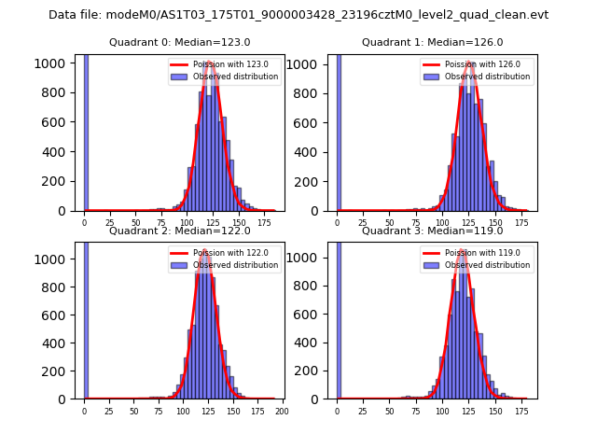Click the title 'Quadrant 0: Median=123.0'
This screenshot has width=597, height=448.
(x=180, y=42)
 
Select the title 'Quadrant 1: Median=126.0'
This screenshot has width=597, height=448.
(x=433, y=42)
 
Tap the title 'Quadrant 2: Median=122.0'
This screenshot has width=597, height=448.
(x=180, y=231)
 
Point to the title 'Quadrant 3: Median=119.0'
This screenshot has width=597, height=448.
(x=433, y=231)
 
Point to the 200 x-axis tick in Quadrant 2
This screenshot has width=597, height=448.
(x=282, y=410)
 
